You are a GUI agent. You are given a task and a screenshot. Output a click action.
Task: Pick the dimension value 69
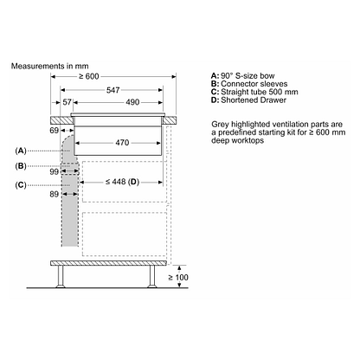point(56,130)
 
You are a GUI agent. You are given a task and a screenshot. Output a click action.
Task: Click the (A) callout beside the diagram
point(22,150)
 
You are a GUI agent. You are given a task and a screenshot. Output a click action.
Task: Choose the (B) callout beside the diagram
point(22,166)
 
